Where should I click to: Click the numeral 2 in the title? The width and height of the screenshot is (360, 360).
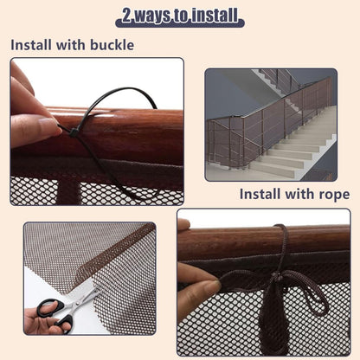click(x=127, y=16)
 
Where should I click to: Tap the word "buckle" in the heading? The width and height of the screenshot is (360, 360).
click(x=112, y=45)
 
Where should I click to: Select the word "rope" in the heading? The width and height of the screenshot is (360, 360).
click(x=334, y=195)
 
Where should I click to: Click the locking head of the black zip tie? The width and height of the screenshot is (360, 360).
click(x=73, y=133)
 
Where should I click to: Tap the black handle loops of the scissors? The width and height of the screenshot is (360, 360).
click(x=55, y=313)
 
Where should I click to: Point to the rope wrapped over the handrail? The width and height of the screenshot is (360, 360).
click(x=282, y=242)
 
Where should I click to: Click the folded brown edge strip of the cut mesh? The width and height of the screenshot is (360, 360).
click(x=115, y=251)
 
